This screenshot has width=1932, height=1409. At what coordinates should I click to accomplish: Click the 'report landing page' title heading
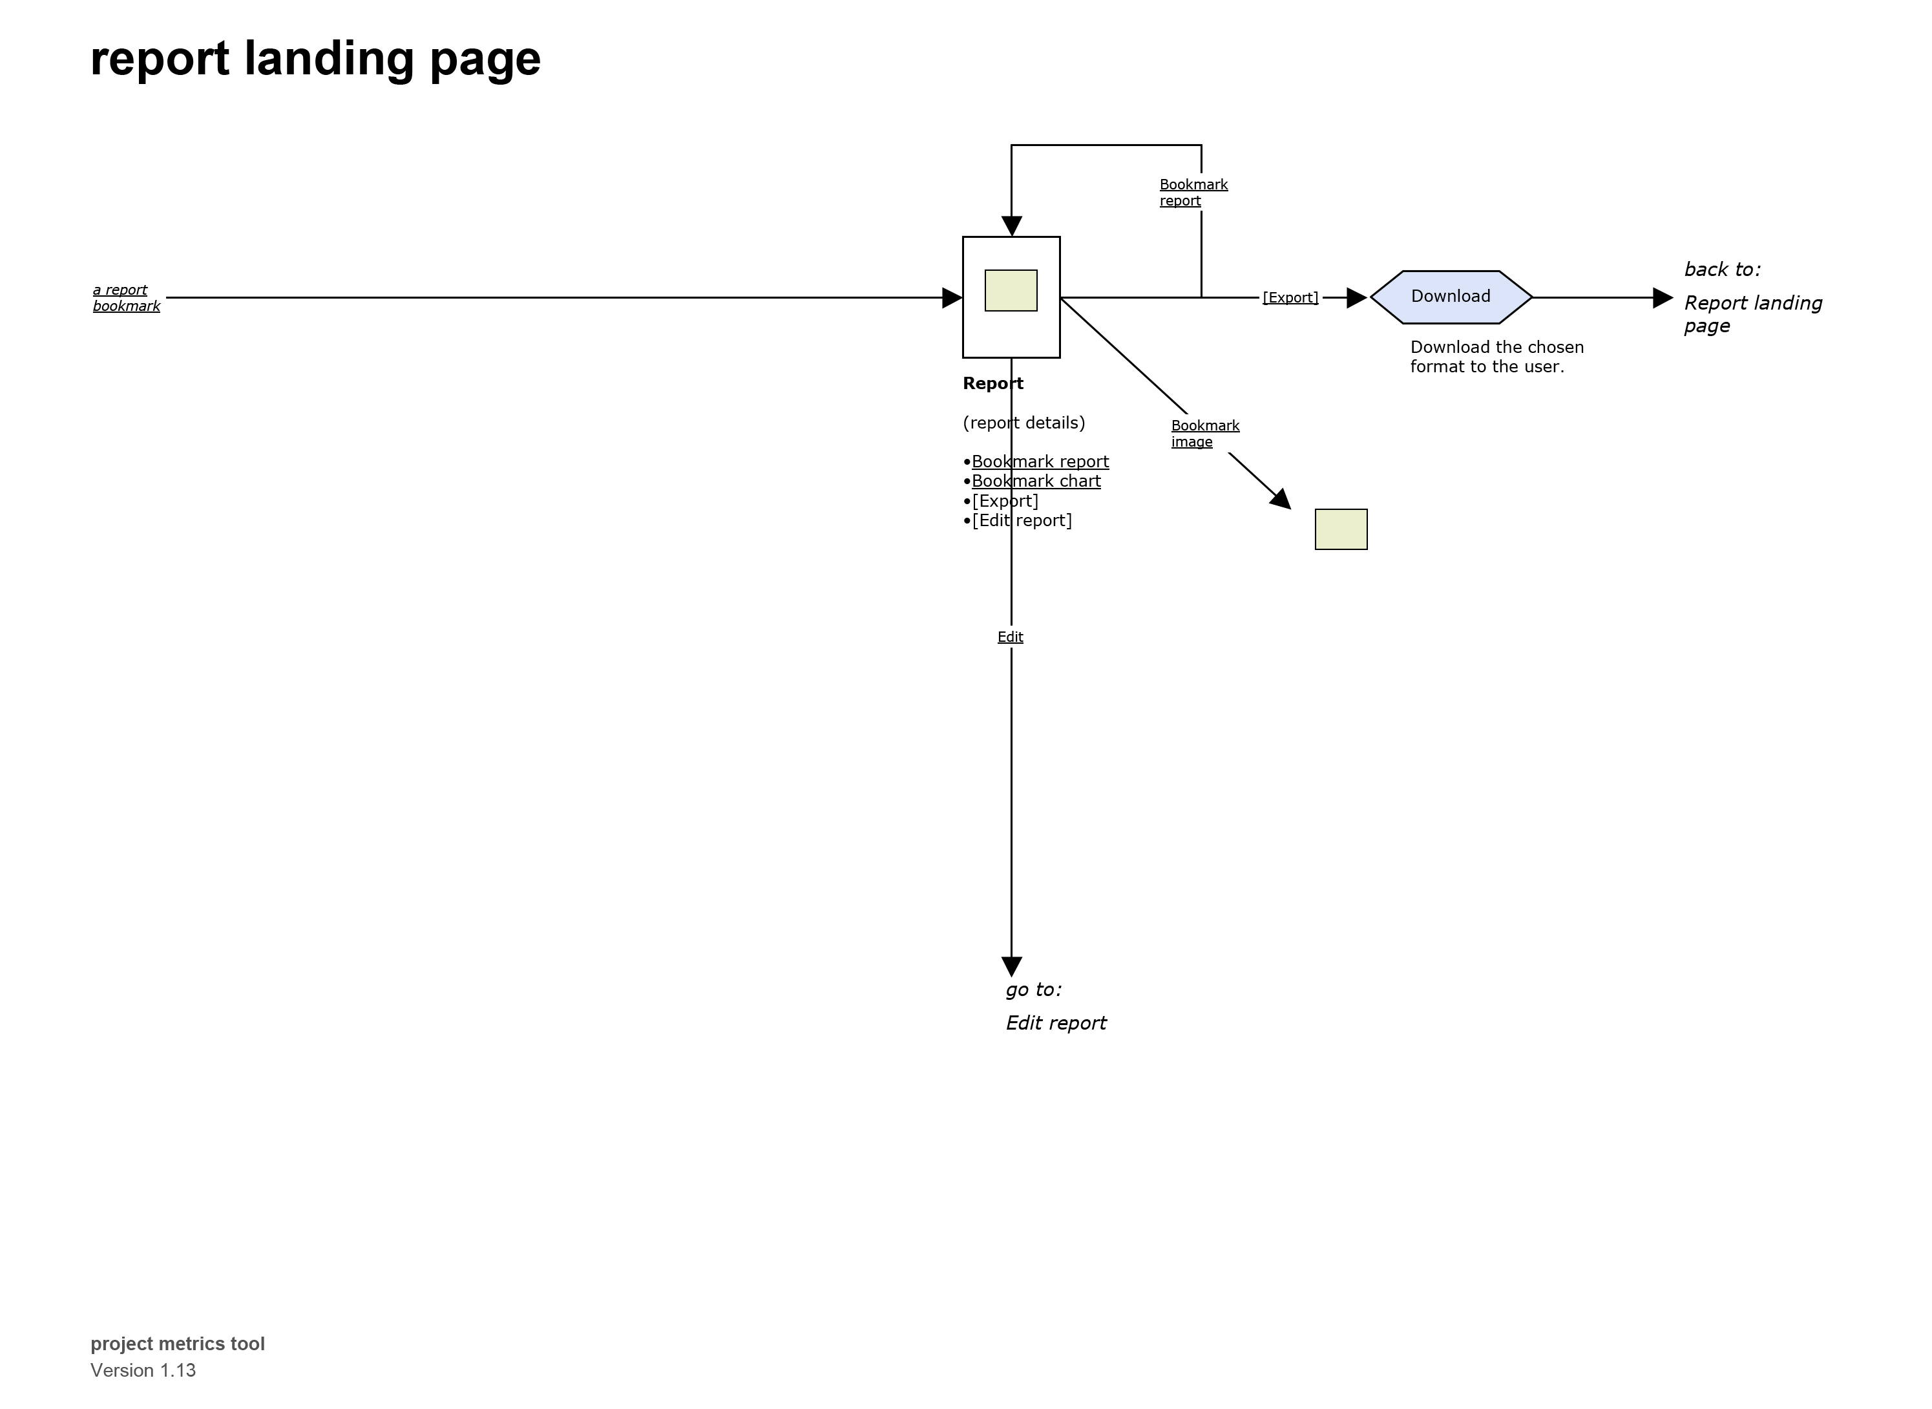click(x=315, y=59)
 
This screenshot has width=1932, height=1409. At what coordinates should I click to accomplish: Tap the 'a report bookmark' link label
click(x=126, y=298)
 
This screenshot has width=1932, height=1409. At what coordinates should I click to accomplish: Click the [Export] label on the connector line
click(x=1290, y=298)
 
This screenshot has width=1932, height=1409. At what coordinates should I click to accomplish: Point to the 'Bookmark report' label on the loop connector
click(x=1193, y=193)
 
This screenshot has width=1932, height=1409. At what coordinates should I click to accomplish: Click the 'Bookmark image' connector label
click(x=1204, y=433)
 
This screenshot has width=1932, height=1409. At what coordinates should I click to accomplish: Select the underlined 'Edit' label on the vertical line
click(x=1011, y=637)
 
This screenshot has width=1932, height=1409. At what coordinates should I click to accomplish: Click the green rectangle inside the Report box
click(x=1011, y=291)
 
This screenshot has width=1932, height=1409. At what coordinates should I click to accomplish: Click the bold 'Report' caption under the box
click(x=992, y=384)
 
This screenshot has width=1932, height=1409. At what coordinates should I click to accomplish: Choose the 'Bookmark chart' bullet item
click(x=1036, y=481)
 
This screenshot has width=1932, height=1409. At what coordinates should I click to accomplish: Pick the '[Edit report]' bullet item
click(x=1022, y=520)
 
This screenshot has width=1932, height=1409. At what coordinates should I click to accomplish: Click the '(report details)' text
click(x=1023, y=423)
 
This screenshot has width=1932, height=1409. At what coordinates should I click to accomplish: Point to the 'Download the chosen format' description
click(x=1496, y=357)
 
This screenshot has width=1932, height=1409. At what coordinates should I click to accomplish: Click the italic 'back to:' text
click(x=1721, y=270)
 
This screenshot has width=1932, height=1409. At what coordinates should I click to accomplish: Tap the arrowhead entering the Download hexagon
click(x=1356, y=298)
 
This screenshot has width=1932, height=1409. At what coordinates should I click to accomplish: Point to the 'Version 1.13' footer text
click(x=143, y=1370)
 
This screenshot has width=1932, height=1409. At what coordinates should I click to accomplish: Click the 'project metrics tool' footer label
click(x=177, y=1343)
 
